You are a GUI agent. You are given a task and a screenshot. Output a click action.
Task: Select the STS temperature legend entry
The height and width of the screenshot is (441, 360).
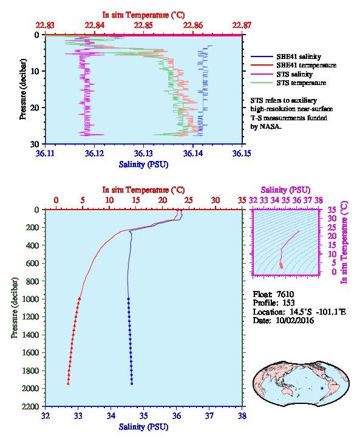tap(288, 83)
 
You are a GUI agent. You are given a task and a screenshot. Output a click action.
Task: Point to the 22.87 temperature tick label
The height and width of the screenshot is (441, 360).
tap(242, 26)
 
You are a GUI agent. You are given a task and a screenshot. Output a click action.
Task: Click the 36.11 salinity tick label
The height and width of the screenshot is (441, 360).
tap(46, 153)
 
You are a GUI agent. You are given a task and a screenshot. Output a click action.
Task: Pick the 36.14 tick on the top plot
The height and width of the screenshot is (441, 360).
tap(193, 153)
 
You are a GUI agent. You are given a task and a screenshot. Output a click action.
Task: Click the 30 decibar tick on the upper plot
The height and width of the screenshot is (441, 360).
tap(35, 144)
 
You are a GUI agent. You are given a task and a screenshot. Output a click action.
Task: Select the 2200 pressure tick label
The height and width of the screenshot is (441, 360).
tap(30, 406)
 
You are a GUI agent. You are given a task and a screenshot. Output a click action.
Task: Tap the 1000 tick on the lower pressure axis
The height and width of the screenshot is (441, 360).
tap(30, 299)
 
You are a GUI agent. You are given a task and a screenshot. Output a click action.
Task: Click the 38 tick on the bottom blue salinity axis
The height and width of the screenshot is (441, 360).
tap(242, 415)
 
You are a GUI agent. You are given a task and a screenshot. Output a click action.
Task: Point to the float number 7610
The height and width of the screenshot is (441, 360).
tap(285, 294)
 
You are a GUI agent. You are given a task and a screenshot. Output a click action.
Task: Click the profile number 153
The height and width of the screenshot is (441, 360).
tap(288, 303)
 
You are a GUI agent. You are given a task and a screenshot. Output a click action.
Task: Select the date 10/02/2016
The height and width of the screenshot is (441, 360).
tap(295, 320)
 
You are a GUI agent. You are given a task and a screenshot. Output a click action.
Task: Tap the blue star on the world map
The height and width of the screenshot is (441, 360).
tap(322, 388)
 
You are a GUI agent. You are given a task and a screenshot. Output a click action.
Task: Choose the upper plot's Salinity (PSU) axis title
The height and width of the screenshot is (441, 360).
tap(143, 165)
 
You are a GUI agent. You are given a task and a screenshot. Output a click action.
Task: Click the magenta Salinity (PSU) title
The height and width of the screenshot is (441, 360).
tap(285, 190)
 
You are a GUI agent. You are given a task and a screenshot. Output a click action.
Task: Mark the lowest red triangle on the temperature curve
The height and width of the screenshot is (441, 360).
tap(68, 383)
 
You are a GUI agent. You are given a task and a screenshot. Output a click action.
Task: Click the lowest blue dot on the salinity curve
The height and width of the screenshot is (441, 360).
tap(132, 384)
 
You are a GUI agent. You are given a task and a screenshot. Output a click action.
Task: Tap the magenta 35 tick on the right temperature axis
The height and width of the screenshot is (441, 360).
tap(332, 210)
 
